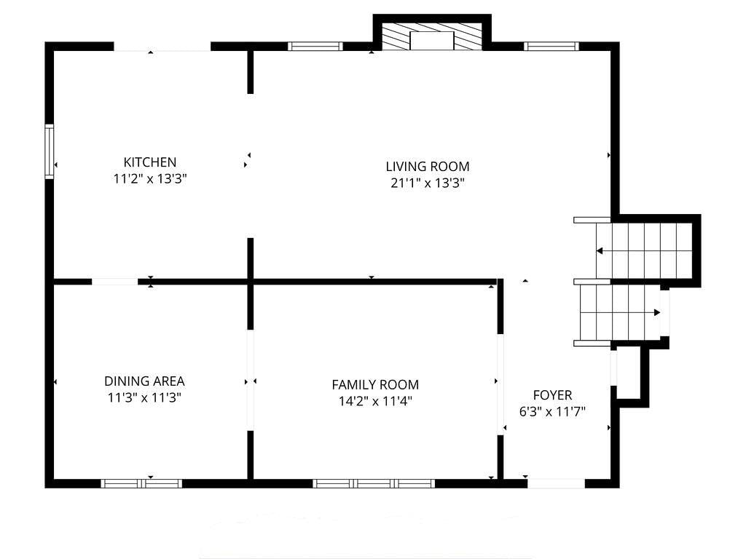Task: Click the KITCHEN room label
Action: click(x=150, y=162)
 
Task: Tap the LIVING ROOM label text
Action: click(x=427, y=167)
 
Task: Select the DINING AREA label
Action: click(x=144, y=381)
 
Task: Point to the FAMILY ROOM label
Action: click(x=375, y=384)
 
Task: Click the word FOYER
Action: click(x=552, y=395)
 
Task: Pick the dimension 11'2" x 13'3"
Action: click(x=150, y=179)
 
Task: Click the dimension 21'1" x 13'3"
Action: click(x=427, y=183)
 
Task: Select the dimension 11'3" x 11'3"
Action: click(x=144, y=397)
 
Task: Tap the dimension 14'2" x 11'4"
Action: click(x=375, y=401)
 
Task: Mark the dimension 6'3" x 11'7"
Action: click(x=552, y=412)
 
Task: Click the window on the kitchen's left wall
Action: click(x=50, y=151)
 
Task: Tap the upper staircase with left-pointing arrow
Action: click(x=644, y=250)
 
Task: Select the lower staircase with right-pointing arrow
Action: click(x=621, y=312)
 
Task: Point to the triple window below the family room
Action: click(x=374, y=483)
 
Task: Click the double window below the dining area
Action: click(x=141, y=483)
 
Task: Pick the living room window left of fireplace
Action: click(x=315, y=46)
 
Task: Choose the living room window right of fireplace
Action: click(x=551, y=46)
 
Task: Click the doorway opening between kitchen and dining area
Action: click(x=114, y=282)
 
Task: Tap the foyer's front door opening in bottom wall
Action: click(x=556, y=483)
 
